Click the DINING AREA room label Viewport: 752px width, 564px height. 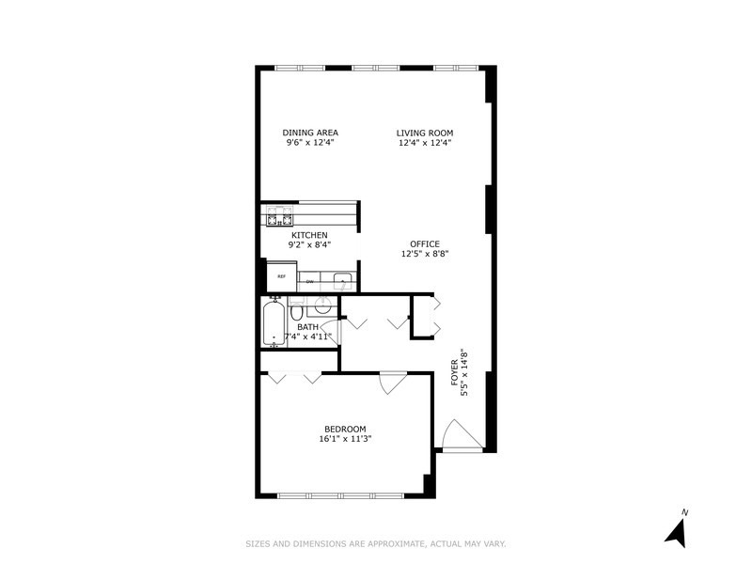click(x=310, y=132)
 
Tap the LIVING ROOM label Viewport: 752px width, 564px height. click(x=424, y=132)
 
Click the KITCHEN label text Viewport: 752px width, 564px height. click(x=309, y=234)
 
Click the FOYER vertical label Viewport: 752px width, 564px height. click(x=454, y=374)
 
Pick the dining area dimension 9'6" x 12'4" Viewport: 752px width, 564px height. click(x=310, y=143)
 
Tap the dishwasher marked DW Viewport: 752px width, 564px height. click(x=310, y=280)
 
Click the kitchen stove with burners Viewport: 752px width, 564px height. click(x=276, y=217)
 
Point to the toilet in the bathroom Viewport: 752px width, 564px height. click(x=296, y=310)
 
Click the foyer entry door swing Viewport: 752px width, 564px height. click(x=458, y=434)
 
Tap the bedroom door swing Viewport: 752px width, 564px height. click(x=391, y=384)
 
